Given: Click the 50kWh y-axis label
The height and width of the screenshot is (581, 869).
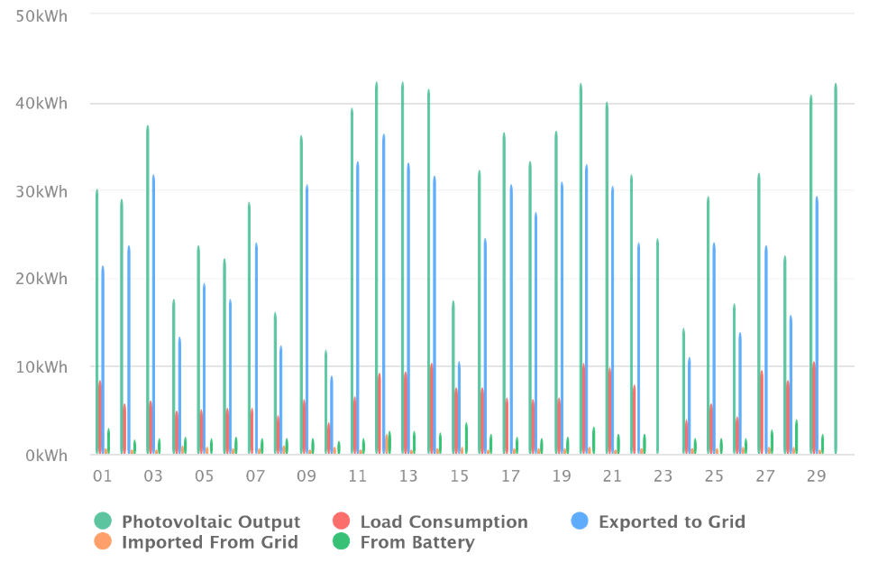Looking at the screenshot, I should coord(41,15).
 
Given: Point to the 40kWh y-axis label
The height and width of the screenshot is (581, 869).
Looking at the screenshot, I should coord(41,104).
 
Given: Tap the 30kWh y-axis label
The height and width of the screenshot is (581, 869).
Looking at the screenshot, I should coord(41,191).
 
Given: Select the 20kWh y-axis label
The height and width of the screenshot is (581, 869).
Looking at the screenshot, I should coord(41,279).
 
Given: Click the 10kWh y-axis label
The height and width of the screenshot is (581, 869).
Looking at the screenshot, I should coord(41,367).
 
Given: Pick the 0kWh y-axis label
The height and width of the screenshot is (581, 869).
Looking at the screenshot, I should coord(45,456).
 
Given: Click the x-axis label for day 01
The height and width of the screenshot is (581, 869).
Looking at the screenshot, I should coord(102,475).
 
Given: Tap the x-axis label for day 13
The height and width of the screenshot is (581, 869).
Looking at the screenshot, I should coord(408,475).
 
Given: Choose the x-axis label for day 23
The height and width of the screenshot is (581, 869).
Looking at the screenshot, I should coord(663,475).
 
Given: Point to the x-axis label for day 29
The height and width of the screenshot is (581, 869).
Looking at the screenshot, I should coord(816,475).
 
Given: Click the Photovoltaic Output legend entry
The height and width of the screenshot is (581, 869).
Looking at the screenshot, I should coord(211,521).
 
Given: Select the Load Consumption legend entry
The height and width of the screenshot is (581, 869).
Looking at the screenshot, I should coord(444,521).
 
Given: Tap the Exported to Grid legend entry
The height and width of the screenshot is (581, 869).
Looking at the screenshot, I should coord(672,521).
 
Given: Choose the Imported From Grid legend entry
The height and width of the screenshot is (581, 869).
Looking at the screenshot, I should coord(210,542).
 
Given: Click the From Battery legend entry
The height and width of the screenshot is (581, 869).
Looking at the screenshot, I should coord(416,542).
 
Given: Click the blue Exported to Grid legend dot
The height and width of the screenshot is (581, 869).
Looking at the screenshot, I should coord(581,521).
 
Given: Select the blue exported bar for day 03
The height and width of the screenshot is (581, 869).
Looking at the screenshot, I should coord(153,316).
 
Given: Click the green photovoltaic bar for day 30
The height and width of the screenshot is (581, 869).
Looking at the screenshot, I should coord(836,271).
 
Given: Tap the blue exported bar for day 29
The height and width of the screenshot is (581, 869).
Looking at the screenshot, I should coord(817,325).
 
